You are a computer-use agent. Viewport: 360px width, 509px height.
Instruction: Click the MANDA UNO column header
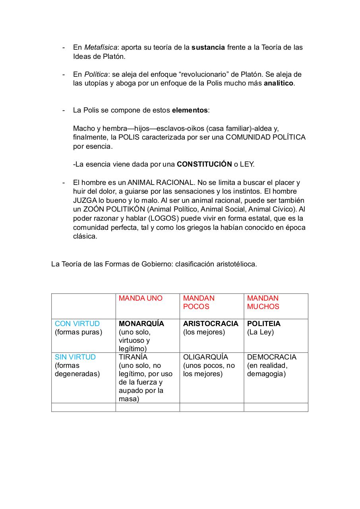[141, 298]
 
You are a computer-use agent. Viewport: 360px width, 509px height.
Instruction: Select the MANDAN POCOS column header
[199, 302]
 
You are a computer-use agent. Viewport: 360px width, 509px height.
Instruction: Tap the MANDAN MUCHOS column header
[263, 302]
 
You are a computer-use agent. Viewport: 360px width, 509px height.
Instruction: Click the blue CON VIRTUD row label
[77, 324]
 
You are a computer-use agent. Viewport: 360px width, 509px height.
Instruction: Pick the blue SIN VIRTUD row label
[75, 357]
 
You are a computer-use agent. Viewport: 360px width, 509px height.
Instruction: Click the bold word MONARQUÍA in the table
[141, 324]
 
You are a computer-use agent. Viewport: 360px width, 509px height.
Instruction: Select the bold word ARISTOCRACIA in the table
[211, 324]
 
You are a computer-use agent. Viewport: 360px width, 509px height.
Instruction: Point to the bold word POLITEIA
[263, 324]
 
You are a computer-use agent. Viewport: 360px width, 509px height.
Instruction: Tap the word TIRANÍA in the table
[133, 357]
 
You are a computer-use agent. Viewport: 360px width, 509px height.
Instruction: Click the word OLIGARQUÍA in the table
[205, 357]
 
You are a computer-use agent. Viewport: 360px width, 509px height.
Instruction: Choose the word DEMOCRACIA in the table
[271, 357]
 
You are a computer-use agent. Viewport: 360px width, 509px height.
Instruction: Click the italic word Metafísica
[101, 47]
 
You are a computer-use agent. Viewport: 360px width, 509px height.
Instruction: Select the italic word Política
[96, 74]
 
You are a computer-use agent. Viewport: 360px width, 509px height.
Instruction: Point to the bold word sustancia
[208, 47]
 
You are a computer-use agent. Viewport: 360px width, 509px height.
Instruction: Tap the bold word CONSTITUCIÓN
[204, 164]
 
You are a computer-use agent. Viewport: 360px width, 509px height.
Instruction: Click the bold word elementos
[190, 110]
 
